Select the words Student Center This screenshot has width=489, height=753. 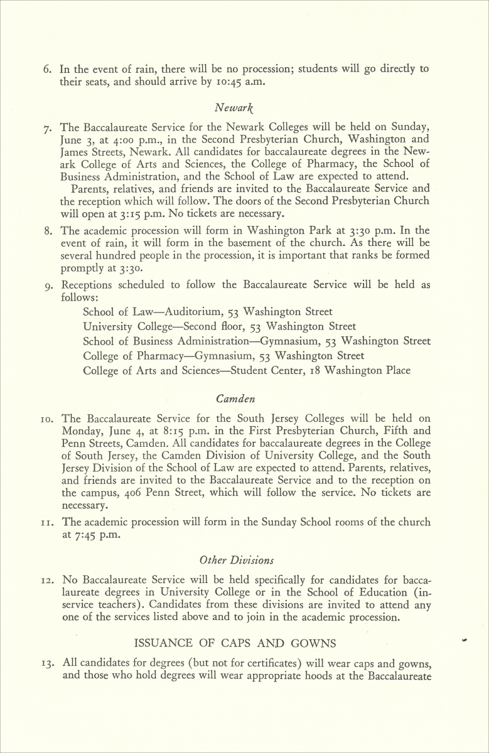(x=266, y=370)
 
